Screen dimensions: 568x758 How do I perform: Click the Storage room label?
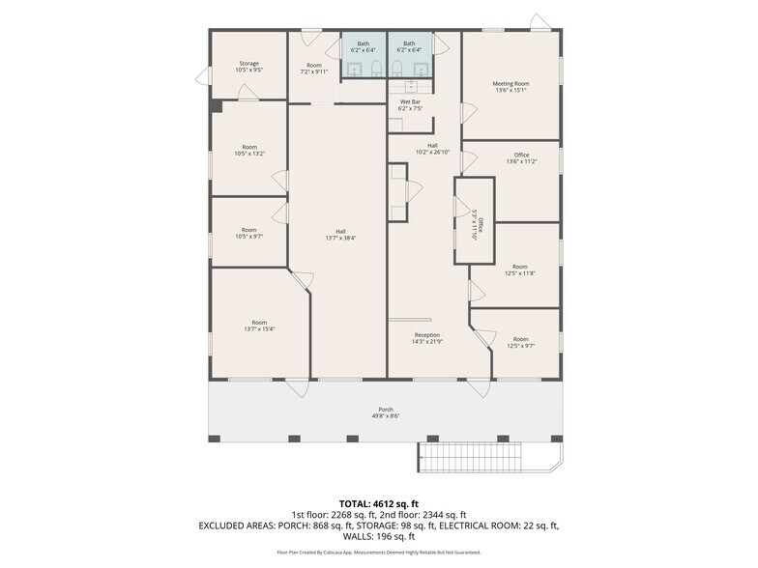(248, 67)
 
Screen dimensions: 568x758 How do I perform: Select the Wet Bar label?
(410, 104)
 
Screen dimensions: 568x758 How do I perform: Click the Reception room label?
(426, 338)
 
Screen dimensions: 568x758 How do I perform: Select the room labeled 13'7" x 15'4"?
(259, 326)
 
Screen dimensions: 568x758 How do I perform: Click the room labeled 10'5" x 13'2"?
(248, 150)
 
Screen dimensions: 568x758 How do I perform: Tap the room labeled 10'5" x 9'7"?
(248, 233)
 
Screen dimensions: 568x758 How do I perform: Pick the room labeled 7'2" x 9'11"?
(313, 68)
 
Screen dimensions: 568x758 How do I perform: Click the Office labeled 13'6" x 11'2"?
(521, 158)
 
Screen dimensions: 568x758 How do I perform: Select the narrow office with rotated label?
(476, 223)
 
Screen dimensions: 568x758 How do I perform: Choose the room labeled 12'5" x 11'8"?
(520, 270)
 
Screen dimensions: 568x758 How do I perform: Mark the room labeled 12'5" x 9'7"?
(520, 343)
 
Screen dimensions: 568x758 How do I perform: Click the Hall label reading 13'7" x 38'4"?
(340, 235)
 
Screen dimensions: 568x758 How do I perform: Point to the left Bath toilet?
(356, 68)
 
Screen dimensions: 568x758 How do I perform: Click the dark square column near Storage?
(216, 105)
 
